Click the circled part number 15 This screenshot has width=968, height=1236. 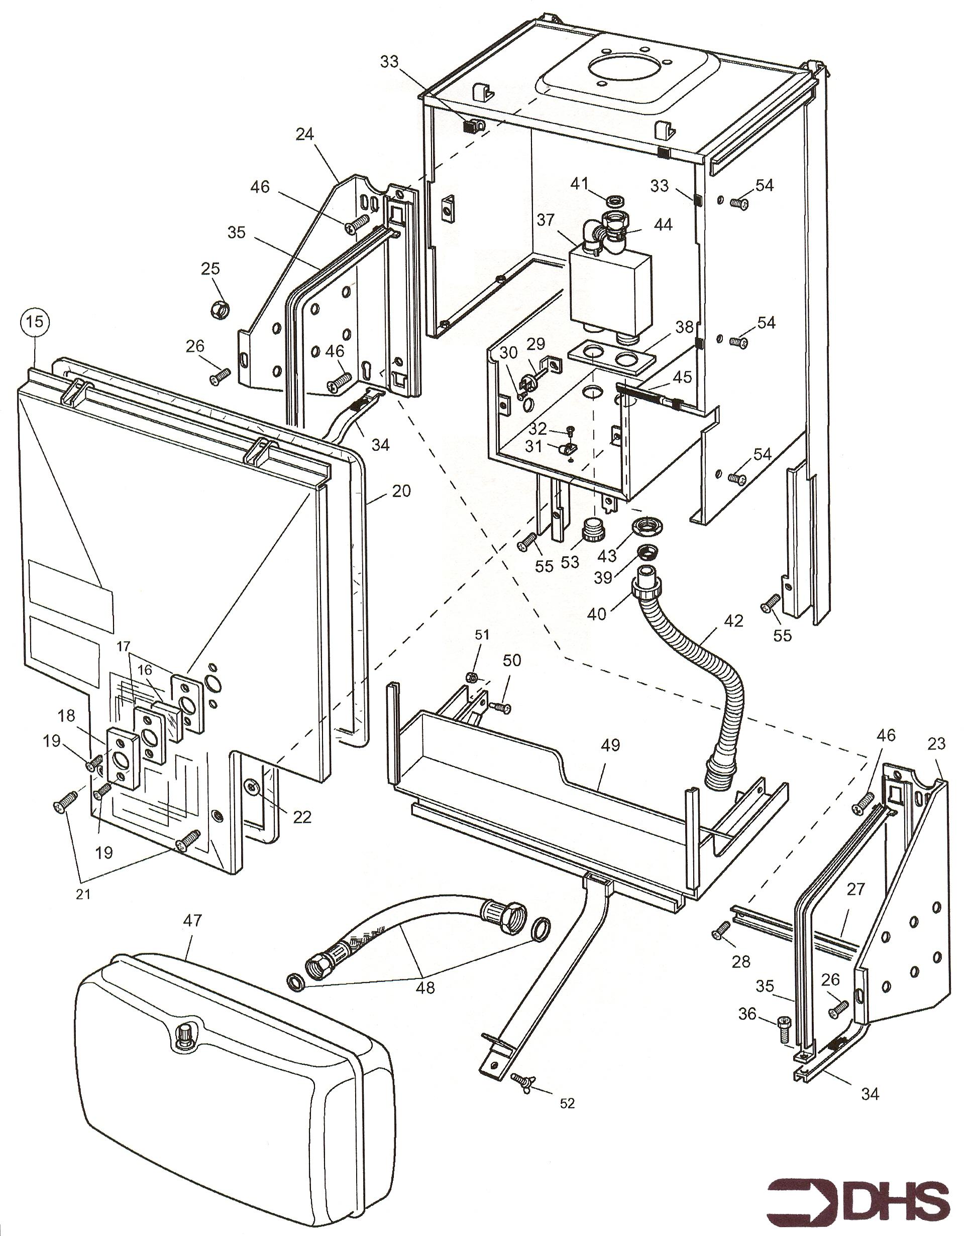(35, 322)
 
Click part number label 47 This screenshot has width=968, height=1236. (192, 921)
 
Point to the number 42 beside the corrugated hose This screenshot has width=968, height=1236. (733, 621)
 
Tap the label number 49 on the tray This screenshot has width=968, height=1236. (610, 745)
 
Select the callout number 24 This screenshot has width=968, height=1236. (304, 134)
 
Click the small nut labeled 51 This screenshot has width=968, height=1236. (470, 676)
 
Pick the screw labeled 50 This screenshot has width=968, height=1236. (499, 707)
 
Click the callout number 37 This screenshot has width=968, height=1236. (546, 220)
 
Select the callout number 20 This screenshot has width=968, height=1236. (401, 490)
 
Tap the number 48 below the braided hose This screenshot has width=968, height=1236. (425, 987)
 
